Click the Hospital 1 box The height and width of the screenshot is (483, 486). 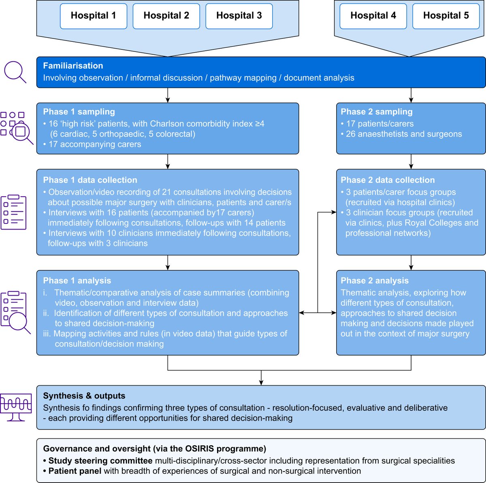93,16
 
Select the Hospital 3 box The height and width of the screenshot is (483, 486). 239,16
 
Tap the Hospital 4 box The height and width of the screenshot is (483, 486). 373,16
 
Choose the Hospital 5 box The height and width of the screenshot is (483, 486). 446,16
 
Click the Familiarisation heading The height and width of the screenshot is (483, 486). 73,66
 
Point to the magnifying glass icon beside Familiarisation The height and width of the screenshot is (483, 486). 15,72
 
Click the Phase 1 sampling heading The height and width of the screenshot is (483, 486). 79,112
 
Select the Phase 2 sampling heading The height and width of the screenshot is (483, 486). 377,112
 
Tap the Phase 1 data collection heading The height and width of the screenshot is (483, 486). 90,180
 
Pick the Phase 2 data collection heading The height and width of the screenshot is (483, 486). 388,180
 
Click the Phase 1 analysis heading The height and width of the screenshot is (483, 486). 77,281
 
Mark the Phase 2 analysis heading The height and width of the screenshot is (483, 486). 375,281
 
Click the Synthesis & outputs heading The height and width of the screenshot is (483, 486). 84,396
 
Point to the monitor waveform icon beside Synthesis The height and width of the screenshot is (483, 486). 15,407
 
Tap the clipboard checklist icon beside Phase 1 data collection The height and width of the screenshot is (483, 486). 13,212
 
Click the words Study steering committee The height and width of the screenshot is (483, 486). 100,461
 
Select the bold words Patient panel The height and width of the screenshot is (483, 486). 75,471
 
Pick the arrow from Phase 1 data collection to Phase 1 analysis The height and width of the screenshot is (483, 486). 168,262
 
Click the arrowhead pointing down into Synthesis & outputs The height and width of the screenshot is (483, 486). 261,382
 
